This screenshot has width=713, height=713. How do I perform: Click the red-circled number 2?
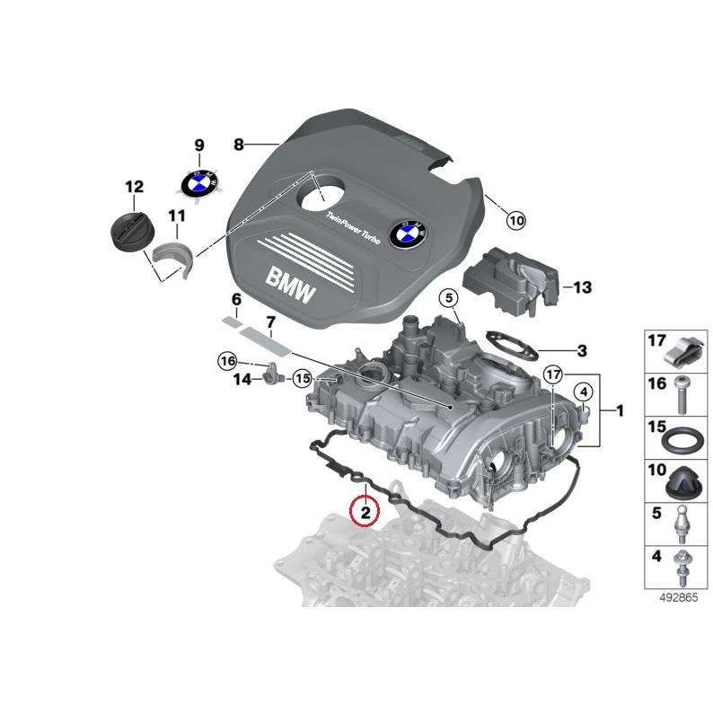365,513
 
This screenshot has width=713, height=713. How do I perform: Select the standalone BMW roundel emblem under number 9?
198,183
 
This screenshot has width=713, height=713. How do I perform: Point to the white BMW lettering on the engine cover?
291,284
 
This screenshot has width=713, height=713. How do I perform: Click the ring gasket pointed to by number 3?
507,345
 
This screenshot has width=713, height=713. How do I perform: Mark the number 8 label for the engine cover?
238,145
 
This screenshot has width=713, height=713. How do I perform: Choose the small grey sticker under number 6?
232,317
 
